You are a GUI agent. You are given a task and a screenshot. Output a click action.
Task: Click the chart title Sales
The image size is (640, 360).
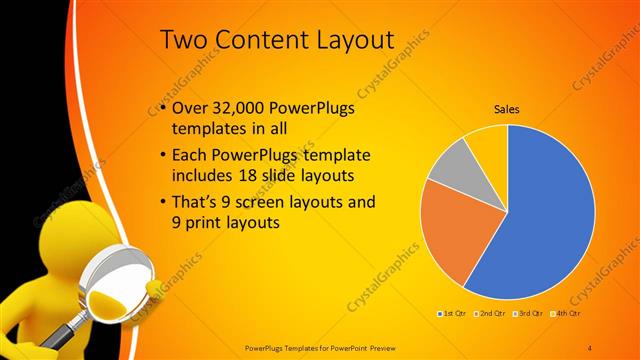pos(508,111)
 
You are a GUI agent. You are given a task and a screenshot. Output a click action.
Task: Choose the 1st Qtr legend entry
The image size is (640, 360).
pos(451,314)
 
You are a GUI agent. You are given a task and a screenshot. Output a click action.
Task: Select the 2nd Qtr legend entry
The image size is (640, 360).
pos(491,314)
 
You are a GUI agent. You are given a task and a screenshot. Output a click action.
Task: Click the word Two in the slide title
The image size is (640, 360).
pos(185,40)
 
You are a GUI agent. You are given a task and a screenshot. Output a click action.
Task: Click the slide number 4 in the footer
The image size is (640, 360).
pos(590,346)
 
